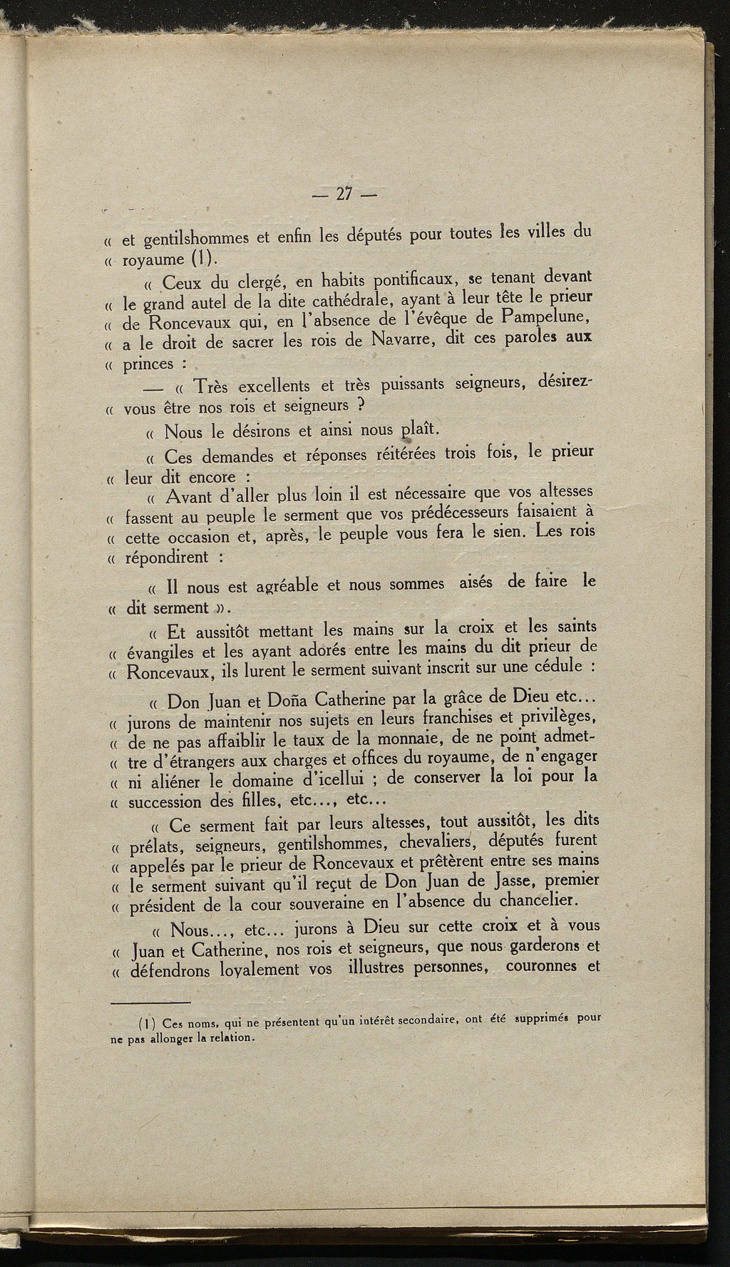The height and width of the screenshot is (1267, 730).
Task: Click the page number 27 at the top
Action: pos(345,194)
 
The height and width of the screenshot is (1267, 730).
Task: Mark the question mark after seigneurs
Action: pos(361,405)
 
